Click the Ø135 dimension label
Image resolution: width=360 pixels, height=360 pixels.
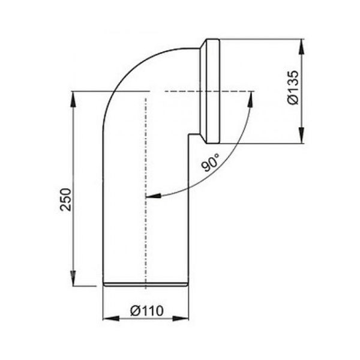[293, 88]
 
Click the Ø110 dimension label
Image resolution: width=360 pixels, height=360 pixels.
[147, 311]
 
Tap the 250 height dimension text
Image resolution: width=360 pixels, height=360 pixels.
[65, 199]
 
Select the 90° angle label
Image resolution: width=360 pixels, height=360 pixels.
[211, 163]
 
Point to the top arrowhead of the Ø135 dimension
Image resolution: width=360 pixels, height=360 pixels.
[302, 47]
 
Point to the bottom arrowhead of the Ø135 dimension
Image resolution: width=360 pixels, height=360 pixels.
[302, 136]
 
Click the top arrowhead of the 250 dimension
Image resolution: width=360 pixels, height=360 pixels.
[73, 100]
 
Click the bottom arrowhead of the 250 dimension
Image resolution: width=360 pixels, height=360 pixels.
[73, 278]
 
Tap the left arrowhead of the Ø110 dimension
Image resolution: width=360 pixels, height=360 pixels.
[111, 319]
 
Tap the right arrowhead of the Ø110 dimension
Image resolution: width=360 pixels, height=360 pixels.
[181, 319]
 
